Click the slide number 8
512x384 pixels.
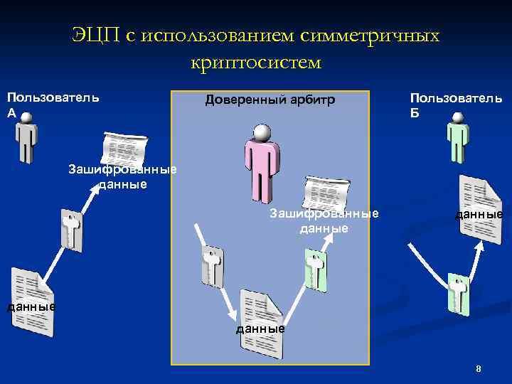pos(479,368)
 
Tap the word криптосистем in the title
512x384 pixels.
pos(256,63)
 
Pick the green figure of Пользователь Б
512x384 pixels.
pos(457,140)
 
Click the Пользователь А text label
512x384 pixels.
pos(53,104)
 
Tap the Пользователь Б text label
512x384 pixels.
pos(456,104)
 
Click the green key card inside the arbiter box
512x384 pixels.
pos(314,270)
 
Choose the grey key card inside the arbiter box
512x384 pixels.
pos(212,267)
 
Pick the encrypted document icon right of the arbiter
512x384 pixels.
pos(325,194)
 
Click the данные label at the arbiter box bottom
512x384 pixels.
pos(261,329)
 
